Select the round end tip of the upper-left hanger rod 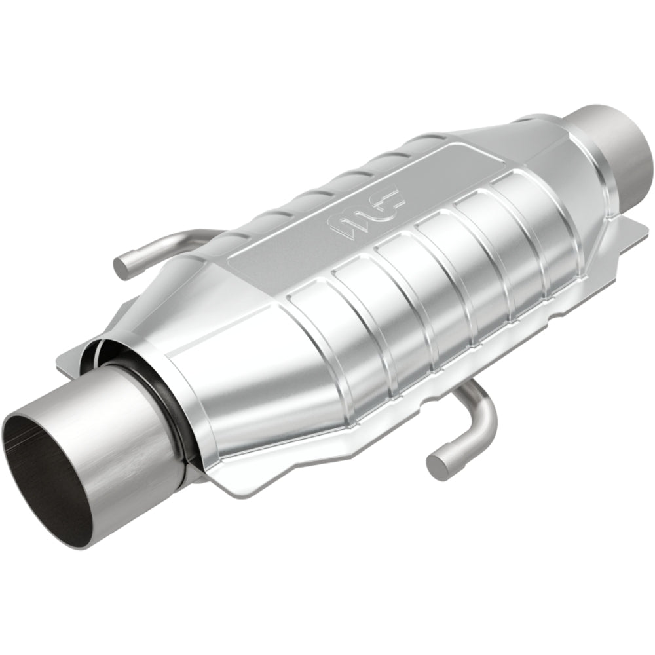point(122,264)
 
